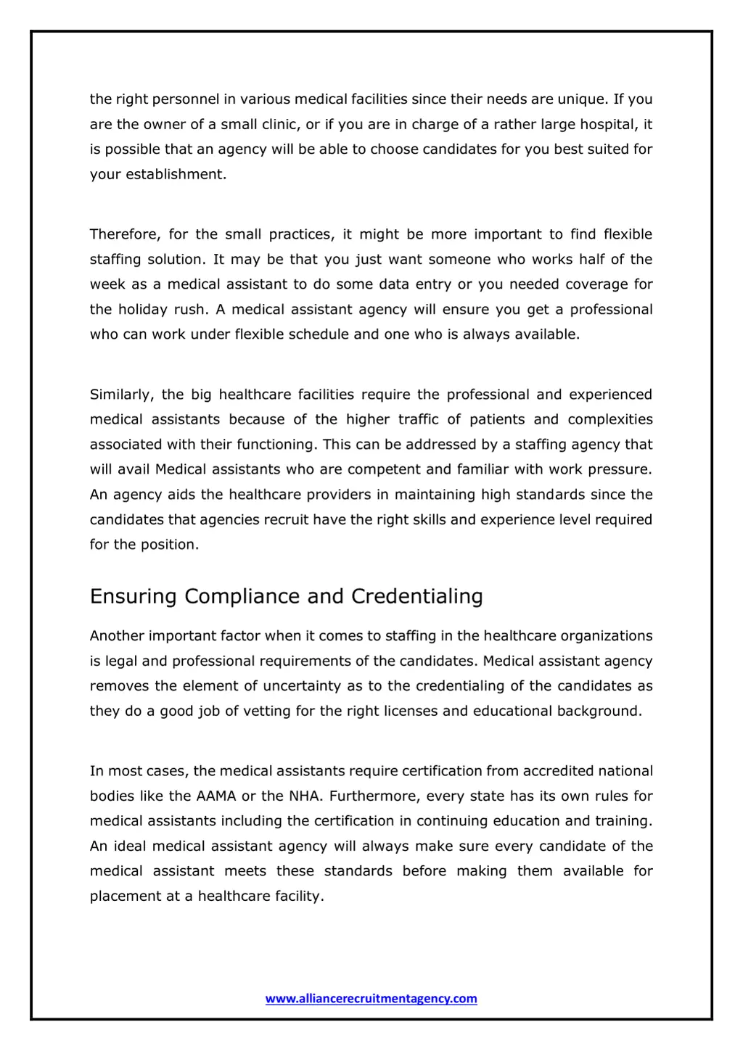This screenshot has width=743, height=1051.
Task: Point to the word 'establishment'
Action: click(x=175, y=175)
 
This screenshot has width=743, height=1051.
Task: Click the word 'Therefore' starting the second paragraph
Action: click(x=123, y=234)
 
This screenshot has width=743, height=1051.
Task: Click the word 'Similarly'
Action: click(x=120, y=395)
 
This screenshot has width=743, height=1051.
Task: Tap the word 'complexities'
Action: click(x=610, y=420)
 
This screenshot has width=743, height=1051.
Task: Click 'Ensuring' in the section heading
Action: click(x=134, y=596)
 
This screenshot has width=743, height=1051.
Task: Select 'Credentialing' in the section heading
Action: click(x=417, y=596)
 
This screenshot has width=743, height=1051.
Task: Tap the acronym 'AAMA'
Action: click(x=216, y=796)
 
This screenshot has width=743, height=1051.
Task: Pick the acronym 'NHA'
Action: click(x=305, y=796)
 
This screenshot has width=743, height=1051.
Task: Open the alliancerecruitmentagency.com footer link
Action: click(x=371, y=999)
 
